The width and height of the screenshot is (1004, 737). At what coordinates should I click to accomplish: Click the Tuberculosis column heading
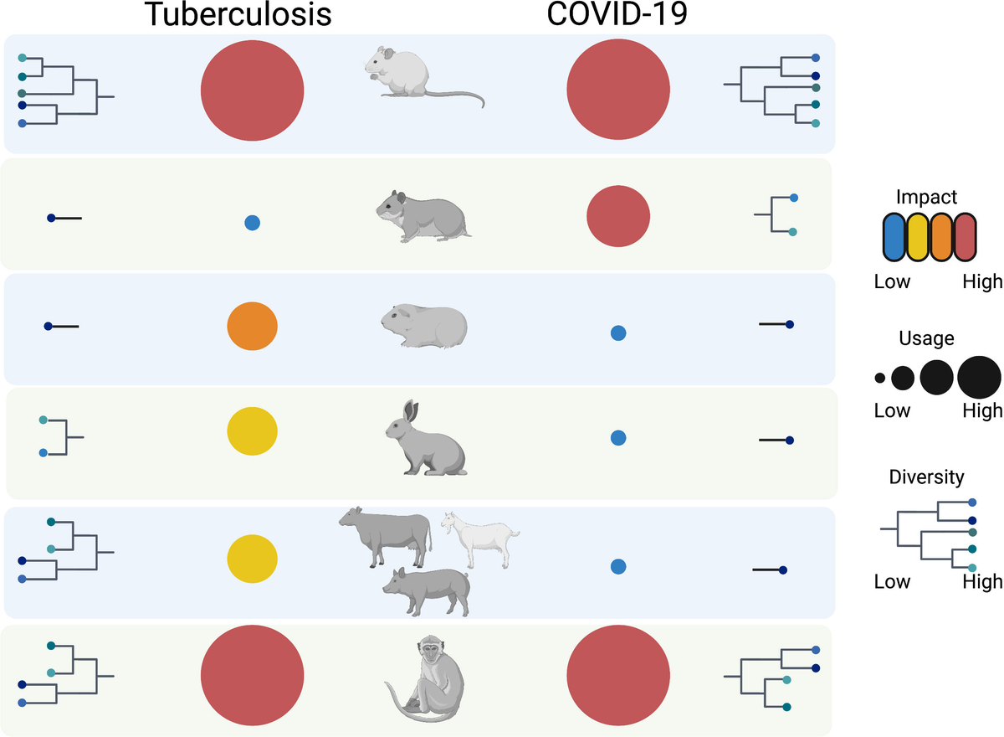(238, 15)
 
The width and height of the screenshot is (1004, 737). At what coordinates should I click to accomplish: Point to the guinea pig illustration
(424, 325)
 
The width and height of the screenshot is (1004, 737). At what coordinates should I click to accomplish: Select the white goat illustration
(480, 539)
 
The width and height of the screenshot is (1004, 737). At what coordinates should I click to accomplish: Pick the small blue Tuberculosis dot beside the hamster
(252, 223)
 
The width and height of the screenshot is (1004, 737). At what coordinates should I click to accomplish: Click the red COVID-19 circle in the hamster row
(618, 216)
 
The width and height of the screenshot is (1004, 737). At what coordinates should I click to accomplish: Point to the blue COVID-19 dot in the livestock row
(618, 566)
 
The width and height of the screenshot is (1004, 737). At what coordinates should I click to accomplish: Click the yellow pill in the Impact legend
(918, 237)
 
